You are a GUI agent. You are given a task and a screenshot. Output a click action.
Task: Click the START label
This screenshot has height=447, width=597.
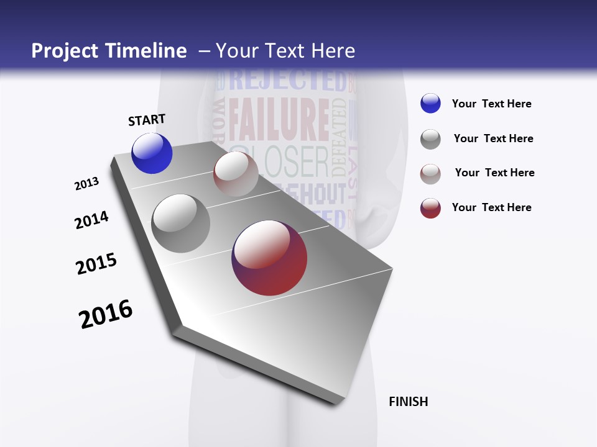click(x=147, y=120)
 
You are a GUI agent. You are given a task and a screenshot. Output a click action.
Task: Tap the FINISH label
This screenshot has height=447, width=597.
click(x=408, y=402)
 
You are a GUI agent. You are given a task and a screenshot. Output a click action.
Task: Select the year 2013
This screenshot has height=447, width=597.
click(x=87, y=184)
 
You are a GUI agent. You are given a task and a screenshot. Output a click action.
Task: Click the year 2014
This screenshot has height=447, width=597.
click(x=91, y=220)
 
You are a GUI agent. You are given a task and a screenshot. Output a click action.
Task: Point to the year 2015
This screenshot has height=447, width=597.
click(x=96, y=264)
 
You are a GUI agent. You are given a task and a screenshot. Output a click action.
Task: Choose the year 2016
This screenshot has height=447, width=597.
click(x=106, y=314)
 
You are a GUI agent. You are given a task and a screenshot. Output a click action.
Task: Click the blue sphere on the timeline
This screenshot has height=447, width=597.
click(x=152, y=153)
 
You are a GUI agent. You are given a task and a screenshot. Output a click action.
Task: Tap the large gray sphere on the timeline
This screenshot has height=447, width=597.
click(x=180, y=223)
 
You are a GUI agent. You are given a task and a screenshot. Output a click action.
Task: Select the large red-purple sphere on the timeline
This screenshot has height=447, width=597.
click(x=269, y=258)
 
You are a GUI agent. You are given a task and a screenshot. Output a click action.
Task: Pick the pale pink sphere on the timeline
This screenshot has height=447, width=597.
click(x=236, y=174)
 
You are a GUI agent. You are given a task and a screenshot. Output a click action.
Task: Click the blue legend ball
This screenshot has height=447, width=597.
click(x=430, y=103)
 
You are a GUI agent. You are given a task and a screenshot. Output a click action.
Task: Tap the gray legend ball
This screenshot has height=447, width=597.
click(x=430, y=139)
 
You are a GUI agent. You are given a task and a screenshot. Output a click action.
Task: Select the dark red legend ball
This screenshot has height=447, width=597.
click(x=430, y=208)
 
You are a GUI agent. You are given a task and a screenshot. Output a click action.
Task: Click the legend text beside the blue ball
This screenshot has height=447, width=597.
click(x=491, y=104)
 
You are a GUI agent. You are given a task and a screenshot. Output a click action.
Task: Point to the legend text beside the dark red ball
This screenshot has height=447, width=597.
click(x=491, y=207)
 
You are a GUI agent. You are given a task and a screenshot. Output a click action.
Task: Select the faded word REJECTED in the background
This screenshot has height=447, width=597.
click(x=287, y=81)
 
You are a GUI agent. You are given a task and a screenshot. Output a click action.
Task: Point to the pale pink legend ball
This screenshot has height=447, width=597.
click(x=430, y=174)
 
